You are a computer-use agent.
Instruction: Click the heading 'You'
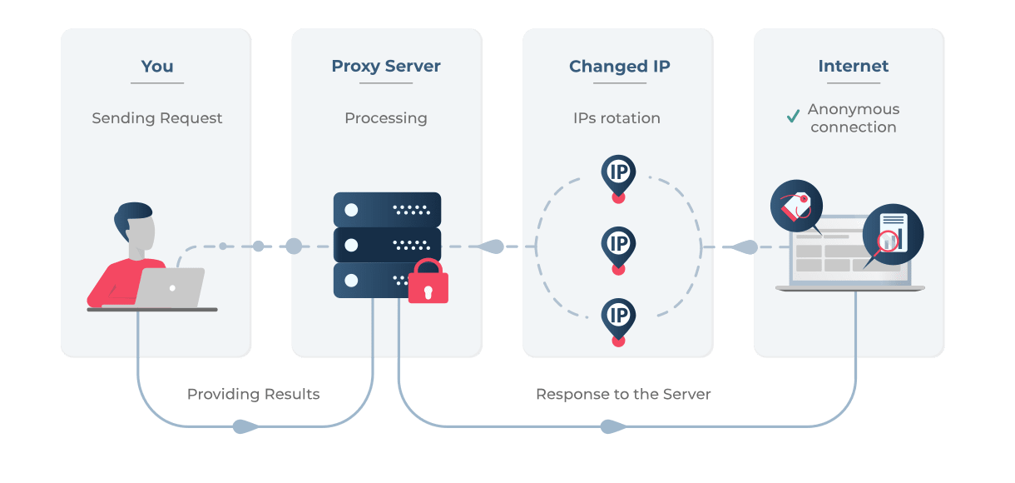(x=156, y=67)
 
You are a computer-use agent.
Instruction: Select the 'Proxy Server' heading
(x=386, y=67)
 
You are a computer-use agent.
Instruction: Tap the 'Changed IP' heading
(x=619, y=67)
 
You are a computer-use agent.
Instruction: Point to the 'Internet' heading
(x=853, y=67)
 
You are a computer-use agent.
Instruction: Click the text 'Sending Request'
(x=156, y=118)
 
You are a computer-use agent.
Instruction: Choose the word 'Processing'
(x=386, y=118)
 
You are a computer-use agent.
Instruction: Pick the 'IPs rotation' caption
(x=616, y=118)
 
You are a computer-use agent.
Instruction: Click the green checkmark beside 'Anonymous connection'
(x=793, y=117)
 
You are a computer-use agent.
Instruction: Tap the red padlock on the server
(x=428, y=281)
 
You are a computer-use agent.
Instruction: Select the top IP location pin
(x=618, y=174)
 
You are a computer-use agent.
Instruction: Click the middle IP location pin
(x=618, y=245)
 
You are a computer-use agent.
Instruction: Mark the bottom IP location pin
(x=618, y=316)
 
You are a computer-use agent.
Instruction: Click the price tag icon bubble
(x=796, y=207)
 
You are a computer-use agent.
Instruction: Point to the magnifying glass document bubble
(x=893, y=233)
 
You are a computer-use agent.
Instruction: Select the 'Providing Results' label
(x=253, y=394)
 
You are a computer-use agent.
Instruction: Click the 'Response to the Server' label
(x=623, y=394)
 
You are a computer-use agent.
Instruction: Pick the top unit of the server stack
(x=387, y=209)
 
